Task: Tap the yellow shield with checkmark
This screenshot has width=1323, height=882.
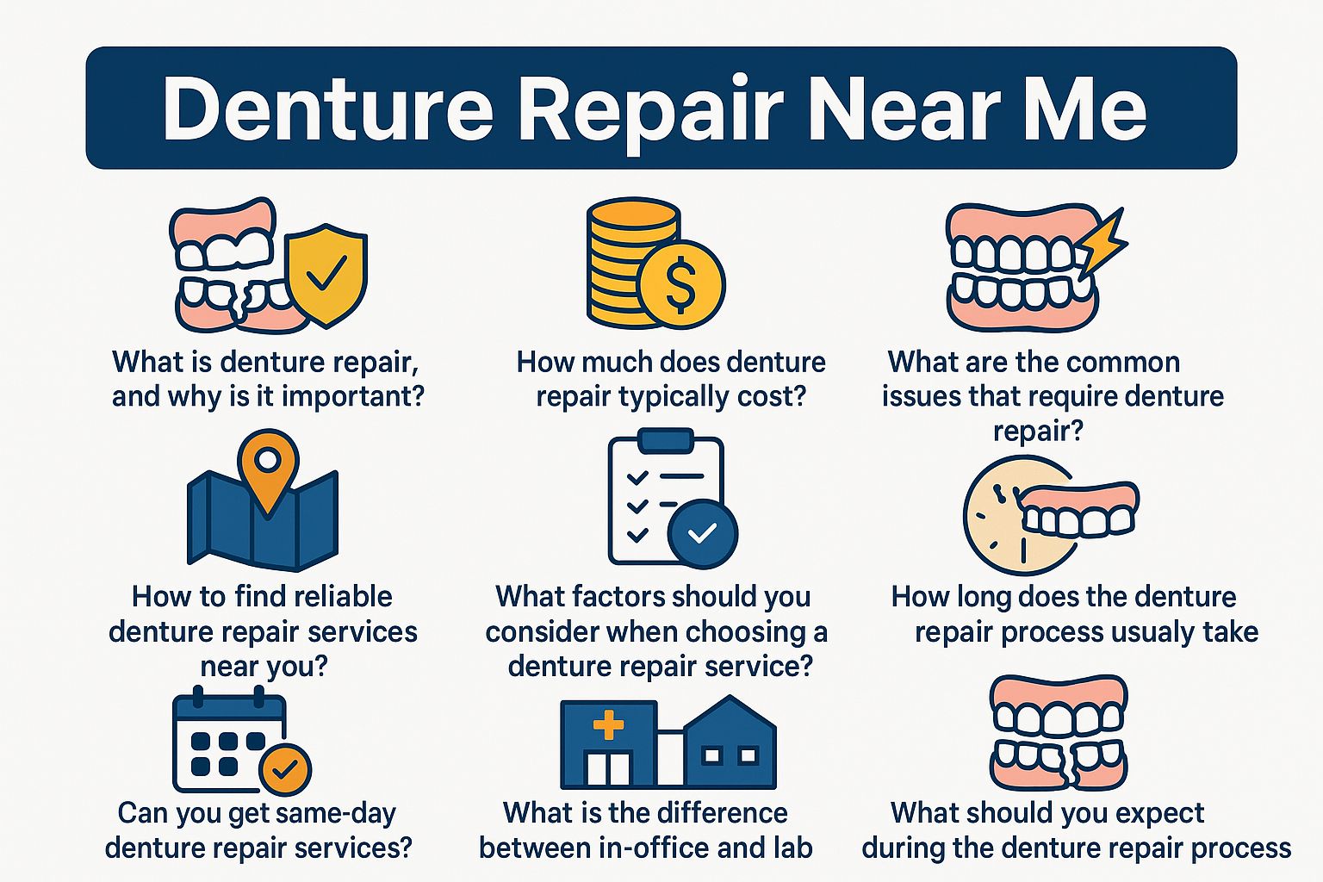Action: pyautogui.click(x=327, y=276)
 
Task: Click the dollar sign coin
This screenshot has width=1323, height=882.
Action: pyautogui.click(x=682, y=284)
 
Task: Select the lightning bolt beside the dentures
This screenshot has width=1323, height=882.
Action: pyautogui.click(x=1102, y=245)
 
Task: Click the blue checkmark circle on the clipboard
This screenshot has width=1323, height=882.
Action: pyautogui.click(x=702, y=533)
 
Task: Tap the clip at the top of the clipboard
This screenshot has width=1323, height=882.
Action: pyautogui.click(x=666, y=441)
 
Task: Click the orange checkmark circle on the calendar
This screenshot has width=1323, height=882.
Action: pyautogui.click(x=285, y=770)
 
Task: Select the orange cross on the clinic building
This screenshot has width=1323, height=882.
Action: pyautogui.click(x=608, y=724)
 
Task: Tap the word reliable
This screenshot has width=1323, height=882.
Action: pyautogui.click(x=343, y=597)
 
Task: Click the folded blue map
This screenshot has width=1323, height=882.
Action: pyautogui.click(x=262, y=520)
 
